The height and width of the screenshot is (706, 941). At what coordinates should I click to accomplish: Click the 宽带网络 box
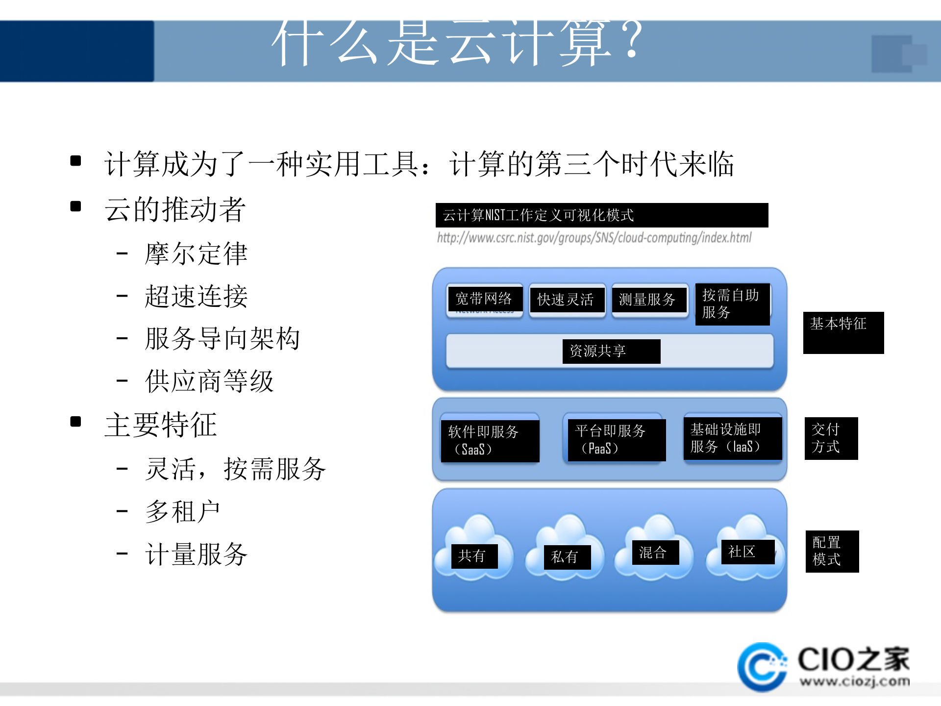[484, 299]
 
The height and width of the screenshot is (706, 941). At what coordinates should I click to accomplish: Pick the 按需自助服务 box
[732, 304]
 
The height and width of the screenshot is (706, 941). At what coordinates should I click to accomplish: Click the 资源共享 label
[611, 351]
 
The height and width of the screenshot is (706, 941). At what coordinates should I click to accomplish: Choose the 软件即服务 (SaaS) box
[490, 440]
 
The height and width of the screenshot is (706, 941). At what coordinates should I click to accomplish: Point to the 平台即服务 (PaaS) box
[616, 439]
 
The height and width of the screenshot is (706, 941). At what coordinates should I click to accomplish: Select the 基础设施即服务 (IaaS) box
[732, 438]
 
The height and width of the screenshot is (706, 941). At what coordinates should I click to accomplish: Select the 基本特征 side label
[843, 332]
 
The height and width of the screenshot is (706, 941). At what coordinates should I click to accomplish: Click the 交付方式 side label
[831, 438]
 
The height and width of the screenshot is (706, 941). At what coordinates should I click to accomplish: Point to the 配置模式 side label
[832, 551]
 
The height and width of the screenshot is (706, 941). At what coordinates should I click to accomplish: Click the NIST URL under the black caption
[594, 238]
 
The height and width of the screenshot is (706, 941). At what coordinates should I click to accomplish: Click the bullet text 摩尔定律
[196, 254]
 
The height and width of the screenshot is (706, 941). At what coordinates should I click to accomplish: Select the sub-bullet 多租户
[183, 512]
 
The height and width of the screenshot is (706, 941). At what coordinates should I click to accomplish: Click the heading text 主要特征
[161, 425]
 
